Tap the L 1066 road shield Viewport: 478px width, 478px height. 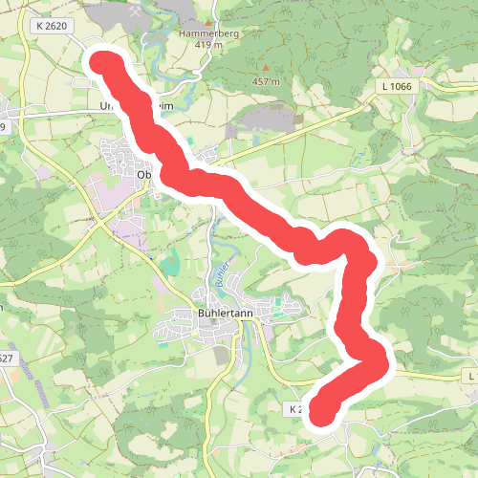(395, 87)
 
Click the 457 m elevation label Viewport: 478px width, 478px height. (265, 81)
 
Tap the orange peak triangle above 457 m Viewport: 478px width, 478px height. (266, 68)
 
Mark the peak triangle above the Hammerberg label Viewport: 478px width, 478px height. (207, 18)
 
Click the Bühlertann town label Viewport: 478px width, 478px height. (226, 314)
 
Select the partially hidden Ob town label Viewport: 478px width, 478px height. (144, 175)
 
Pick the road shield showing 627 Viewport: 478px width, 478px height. (6, 358)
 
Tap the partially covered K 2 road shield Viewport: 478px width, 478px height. (297, 408)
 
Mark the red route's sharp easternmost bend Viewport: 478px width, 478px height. (383, 362)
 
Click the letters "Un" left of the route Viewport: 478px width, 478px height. (106, 107)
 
